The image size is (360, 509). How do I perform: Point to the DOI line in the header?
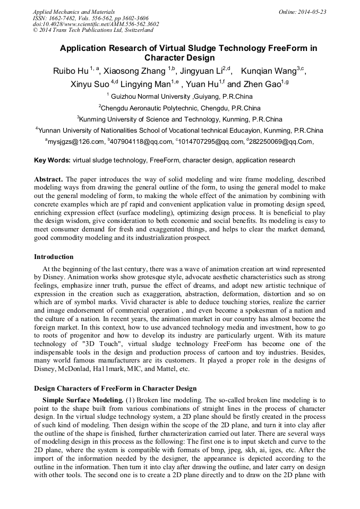[x=96, y=24]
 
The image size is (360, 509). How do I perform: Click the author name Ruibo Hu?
[x=71, y=72]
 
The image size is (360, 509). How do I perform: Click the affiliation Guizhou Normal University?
[x=151, y=97]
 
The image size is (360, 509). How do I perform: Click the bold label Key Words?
[x=52, y=160]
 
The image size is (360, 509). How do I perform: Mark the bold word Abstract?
[x=48, y=180]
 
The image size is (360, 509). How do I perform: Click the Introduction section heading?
[x=54, y=257]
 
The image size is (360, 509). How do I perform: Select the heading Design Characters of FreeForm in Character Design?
[x=115, y=389]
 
